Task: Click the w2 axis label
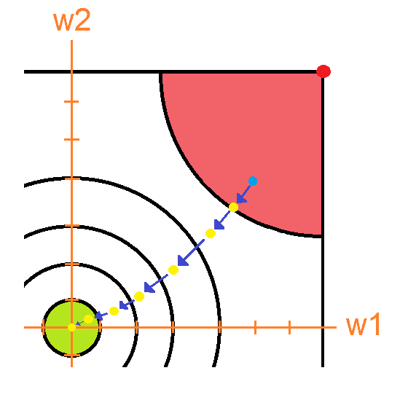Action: pos(72,20)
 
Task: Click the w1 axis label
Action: pos(364,324)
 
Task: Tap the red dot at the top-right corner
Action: pos(323,71)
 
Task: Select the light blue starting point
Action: pos(253,181)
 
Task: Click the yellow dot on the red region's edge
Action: pos(233,208)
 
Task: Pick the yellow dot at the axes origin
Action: pos(71,327)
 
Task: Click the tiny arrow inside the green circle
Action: pos(79,323)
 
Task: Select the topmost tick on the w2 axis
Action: pos(71,101)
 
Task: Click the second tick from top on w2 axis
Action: pos(71,140)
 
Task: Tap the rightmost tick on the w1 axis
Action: pos(290,327)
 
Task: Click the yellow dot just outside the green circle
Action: pos(114,311)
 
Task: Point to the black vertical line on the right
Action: pos(323,219)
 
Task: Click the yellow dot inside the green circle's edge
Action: pos(88,319)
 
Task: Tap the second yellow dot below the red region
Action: pos(173,270)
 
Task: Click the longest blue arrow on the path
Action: pos(191,253)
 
